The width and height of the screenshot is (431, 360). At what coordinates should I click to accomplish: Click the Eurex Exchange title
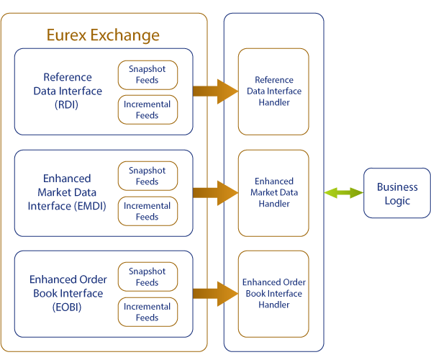click(103, 35)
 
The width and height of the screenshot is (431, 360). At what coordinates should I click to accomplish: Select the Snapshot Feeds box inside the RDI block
click(148, 75)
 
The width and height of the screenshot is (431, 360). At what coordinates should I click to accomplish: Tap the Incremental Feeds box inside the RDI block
click(148, 109)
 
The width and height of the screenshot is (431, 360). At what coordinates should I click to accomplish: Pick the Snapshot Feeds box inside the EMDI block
click(148, 176)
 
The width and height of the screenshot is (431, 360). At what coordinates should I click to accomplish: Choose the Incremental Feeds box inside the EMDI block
click(148, 211)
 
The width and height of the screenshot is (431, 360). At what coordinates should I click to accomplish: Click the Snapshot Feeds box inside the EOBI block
click(148, 276)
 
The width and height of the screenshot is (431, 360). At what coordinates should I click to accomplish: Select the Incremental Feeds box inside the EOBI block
click(148, 312)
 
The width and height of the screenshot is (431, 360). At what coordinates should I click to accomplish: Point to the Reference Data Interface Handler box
click(273, 91)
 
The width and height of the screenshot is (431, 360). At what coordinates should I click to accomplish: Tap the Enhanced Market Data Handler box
click(273, 193)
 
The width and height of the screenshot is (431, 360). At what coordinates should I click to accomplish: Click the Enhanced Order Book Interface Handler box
click(273, 294)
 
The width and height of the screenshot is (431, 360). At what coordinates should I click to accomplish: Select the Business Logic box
click(397, 193)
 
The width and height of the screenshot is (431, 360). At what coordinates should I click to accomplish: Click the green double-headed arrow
click(344, 193)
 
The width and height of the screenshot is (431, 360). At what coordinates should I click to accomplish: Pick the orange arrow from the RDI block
click(216, 91)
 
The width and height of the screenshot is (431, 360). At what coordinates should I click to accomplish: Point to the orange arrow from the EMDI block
click(216, 193)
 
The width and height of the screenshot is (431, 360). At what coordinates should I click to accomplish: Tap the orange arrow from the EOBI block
click(216, 294)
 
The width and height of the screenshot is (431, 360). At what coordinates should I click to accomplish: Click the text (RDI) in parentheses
click(66, 105)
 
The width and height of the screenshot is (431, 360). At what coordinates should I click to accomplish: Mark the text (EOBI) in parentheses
click(67, 307)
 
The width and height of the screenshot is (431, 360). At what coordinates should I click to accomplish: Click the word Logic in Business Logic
click(397, 201)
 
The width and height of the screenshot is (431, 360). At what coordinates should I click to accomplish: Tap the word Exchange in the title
click(125, 35)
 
